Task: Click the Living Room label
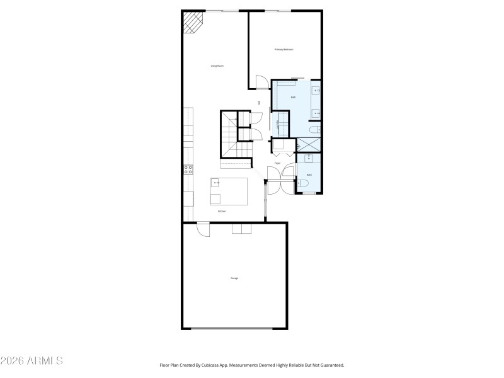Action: [217, 66]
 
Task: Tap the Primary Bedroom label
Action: [283, 49]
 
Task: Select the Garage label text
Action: [234, 278]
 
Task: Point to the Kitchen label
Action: [222, 211]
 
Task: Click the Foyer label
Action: [277, 163]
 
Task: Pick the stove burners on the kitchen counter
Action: [188, 169]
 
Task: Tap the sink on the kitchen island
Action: [216, 183]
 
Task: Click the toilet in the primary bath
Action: [314, 130]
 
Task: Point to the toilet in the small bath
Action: [303, 183]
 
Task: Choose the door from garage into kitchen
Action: [203, 229]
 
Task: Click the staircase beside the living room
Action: [230, 140]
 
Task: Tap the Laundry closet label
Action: [278, 125]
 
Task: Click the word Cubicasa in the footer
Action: [213, 365]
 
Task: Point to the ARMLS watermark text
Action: [31, 361]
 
